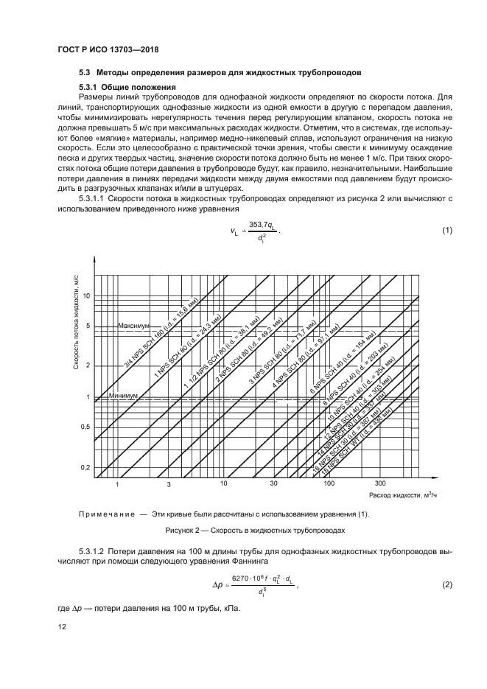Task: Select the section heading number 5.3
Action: tap(84, 73)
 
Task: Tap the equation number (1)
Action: tap(446, 231)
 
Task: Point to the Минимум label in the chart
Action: tap(123, 396)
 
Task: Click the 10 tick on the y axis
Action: tap(85, 295)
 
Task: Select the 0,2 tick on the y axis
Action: tap(84, 468)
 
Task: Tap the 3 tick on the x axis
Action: tap(169, 484)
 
